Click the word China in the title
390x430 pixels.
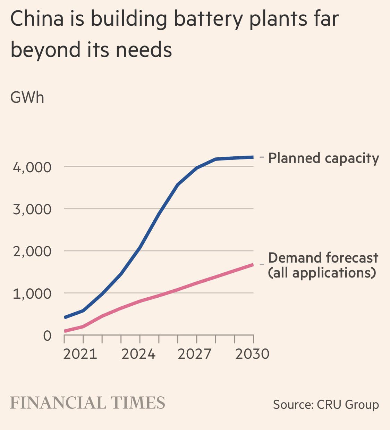click(37, 19)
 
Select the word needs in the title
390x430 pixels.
click(144, 49)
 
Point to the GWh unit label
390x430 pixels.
click(27, 97)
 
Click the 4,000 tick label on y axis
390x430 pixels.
click(32, 167)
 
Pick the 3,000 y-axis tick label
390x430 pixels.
click(32, 209)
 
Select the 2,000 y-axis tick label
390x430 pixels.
click(32, 251)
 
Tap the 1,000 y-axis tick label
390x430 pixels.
click(32, 294)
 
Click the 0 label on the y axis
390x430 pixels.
click(47, 336)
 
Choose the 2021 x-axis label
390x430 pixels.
click(80, 354)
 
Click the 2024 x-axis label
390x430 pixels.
click(138, 354)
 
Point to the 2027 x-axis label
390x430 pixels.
click(194, 354)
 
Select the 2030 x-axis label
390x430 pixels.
click(252, 354)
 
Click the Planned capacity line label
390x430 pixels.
click(323, 158)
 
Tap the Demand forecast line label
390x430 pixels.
click(323, 258)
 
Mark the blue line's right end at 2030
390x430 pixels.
click(253, 157)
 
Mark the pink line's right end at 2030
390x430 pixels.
click(253, 265)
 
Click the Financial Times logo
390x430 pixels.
click(87, 403)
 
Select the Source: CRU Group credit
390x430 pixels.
click(326, 405)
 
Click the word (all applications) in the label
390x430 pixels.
click(322, 273)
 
